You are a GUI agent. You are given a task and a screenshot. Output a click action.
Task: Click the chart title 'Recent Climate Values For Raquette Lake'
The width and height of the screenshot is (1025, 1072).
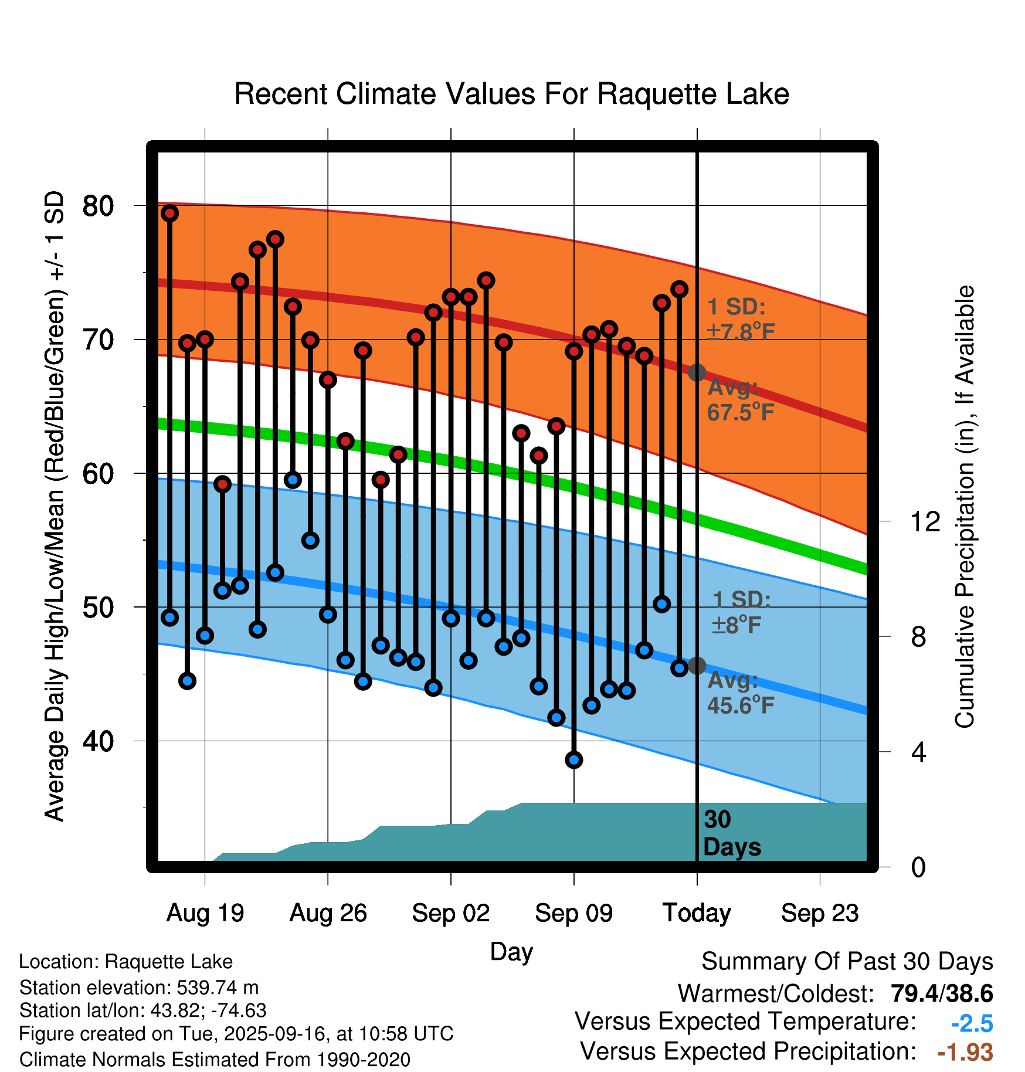click(511, 94)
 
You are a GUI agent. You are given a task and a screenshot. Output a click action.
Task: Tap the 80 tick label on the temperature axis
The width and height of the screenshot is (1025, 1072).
click(98, 206)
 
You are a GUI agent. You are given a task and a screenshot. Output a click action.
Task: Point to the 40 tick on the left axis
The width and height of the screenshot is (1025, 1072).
click(98, 741)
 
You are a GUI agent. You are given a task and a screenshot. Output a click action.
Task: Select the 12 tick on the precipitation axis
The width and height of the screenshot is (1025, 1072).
click(925, 521)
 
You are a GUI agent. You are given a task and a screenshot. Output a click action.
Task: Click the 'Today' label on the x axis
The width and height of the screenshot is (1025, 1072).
click(697, 913)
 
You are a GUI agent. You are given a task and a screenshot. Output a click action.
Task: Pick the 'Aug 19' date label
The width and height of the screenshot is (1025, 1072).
click(205, 913)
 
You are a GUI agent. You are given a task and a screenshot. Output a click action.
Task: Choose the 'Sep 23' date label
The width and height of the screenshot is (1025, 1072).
click(820, 913)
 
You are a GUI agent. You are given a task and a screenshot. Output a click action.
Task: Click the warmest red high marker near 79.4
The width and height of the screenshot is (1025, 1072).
click(170, 213)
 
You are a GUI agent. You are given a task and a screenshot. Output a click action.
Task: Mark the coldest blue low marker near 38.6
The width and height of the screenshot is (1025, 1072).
click(573, 760)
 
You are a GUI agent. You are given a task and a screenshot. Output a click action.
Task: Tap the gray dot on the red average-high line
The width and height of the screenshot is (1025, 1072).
click(697, 372)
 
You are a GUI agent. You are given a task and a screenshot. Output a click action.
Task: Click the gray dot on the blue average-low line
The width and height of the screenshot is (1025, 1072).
click(697, 666)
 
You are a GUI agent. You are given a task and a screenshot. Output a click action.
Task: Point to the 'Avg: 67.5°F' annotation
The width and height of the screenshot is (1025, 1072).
click(741, 400)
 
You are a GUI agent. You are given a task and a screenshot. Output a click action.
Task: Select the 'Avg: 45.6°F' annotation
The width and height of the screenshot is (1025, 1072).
click(741, 693)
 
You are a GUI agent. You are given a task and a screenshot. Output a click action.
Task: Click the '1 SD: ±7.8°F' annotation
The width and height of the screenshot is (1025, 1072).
click(741, 320)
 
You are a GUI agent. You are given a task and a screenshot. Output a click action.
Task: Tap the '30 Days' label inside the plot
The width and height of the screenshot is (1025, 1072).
click(731, 833)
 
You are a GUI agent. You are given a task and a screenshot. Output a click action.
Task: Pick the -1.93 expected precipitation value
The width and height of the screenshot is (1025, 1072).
click(965, 1052)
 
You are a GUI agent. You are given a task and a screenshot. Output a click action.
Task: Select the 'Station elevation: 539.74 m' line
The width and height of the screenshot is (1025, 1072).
click(139, 988)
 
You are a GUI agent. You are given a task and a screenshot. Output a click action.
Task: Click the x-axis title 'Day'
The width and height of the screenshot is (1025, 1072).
click(511, 952)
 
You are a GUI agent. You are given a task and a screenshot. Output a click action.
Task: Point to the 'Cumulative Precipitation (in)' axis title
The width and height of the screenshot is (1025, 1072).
click(964, 507)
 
